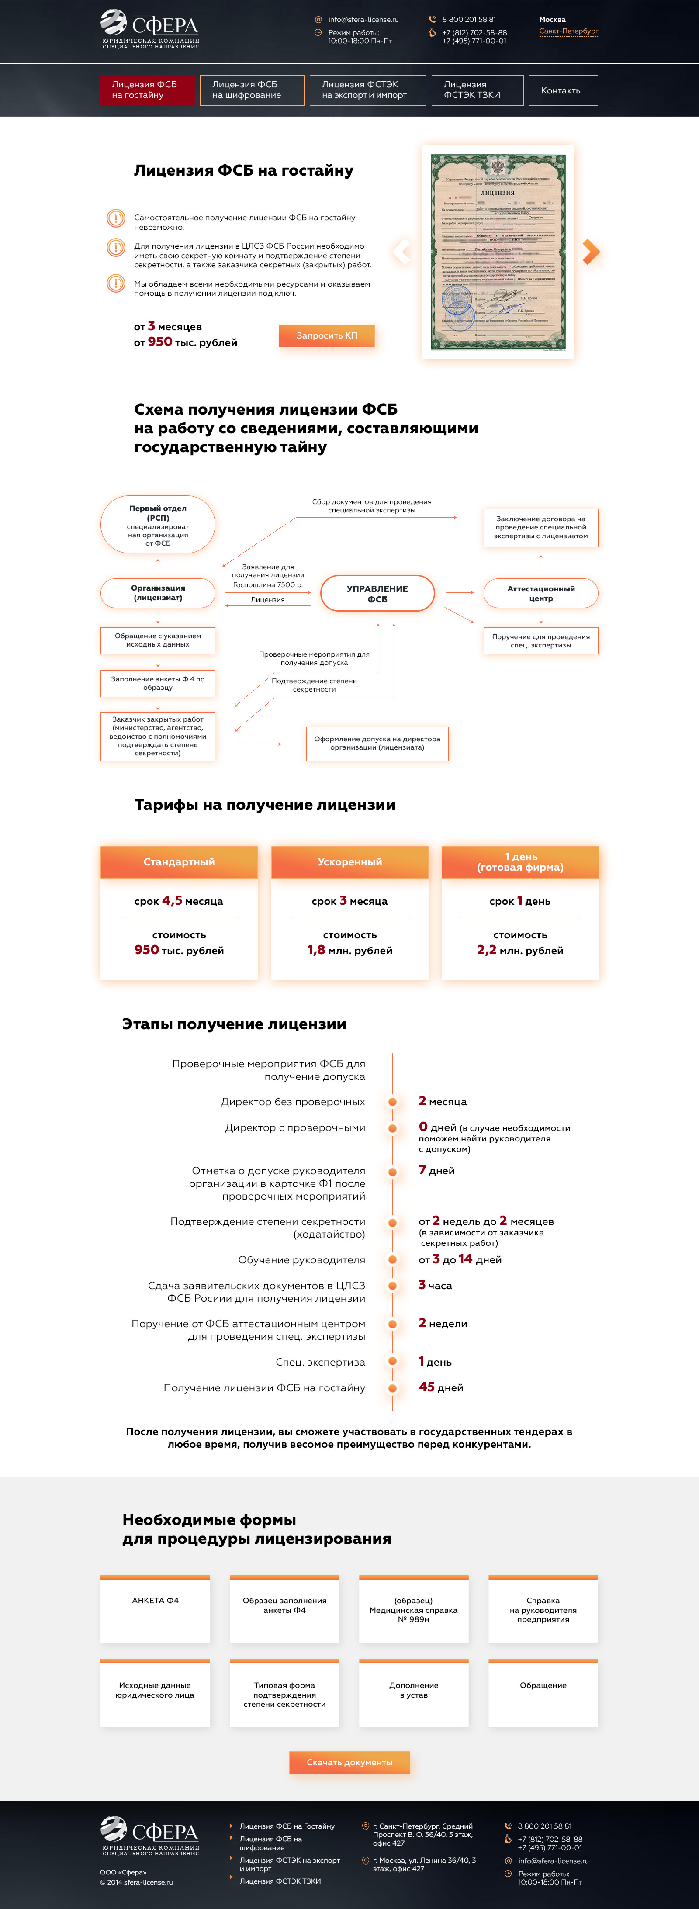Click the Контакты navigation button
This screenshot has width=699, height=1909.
click(x=561, y=90)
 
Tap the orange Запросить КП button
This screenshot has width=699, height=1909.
click(x=326, y=335)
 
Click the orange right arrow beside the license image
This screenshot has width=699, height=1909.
click(x=590, y=252)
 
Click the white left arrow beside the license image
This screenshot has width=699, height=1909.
click(x=401, y=252)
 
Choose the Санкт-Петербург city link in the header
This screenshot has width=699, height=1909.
click(x=568, y=31)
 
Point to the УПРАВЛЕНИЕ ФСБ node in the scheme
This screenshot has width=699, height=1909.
click(x=377, y=594)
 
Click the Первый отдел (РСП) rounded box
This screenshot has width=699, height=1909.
click(x=158, y=525)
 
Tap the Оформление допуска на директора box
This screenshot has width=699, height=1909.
click(x=377, y=744)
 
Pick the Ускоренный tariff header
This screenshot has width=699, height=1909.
click(x=350, y=862)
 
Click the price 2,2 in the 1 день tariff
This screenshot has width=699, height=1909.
click(x=487, y=950)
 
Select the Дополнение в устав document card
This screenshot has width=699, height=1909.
click(x=414, y=1693)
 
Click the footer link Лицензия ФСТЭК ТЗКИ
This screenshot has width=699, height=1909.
click(x=280, y=1881)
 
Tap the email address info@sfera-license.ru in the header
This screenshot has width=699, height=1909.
click(x=363, y=19)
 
